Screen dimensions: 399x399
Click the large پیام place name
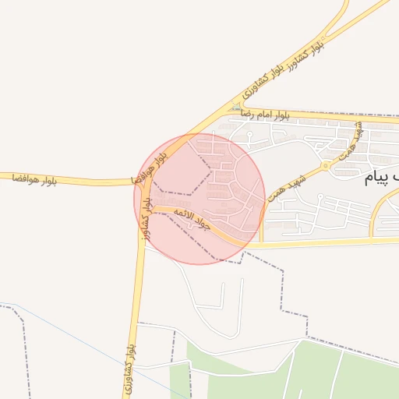tap(383, 179)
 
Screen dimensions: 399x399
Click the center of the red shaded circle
tap(199, 199)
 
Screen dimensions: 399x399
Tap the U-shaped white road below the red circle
tap(222, 312)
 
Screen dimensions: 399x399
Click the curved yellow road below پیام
tap(377, 210)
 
